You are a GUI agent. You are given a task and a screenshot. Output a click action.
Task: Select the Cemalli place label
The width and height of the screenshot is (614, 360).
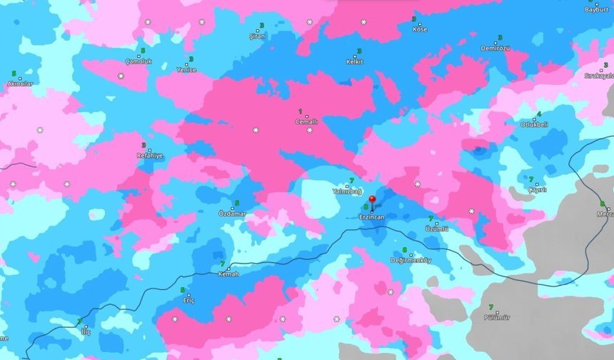(x=306, y=122)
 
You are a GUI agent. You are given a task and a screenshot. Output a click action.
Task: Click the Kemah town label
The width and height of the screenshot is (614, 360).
(x=228, y=274)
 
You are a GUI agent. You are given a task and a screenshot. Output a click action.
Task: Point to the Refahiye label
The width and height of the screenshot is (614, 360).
(x=150, y=155)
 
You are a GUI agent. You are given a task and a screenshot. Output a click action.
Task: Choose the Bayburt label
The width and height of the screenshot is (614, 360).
(x=597, y=10)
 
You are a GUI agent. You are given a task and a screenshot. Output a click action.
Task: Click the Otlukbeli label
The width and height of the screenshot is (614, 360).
(x=533, y=124)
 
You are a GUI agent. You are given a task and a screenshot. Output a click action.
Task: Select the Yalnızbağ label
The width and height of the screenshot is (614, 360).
(x=348, y=191)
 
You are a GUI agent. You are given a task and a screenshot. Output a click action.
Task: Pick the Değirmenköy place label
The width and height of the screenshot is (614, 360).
(x=411, y=260)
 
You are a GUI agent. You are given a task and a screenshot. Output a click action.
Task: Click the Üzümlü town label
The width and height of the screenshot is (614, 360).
(x=436, y=229)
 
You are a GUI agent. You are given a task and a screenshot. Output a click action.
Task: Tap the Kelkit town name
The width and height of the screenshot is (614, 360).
(x=354, y=61)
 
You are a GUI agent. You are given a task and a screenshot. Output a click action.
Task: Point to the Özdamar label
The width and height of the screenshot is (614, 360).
(x=232, y=214)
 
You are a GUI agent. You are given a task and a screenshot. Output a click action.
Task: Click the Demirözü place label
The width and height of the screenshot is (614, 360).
(x=495, y=48)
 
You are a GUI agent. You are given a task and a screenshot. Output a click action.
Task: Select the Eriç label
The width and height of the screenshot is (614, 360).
(x=188, y=300)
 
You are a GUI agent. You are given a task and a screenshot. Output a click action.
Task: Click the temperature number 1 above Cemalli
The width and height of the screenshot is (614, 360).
(x=300, y=111)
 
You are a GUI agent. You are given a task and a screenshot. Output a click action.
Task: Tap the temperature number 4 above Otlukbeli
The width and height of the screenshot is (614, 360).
(x=538, y=114)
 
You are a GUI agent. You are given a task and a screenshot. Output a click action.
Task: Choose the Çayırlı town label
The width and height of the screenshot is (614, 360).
(x=537, y=189)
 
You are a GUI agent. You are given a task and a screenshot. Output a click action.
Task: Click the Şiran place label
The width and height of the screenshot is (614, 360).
(x=256, y=36)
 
